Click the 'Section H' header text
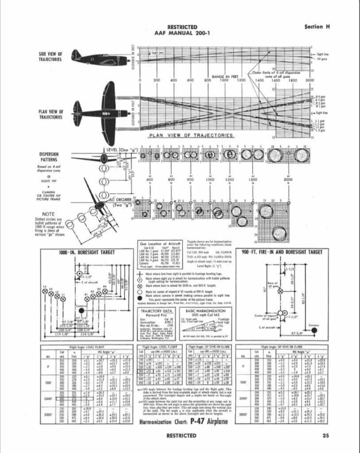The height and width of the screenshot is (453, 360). [x=317, y=27]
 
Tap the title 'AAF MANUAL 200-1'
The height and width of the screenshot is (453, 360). [x=179, y=33]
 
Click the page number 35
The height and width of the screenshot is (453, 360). [x=326, y=435]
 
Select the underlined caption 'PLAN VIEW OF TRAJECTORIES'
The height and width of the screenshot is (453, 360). [x=191, y=135]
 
